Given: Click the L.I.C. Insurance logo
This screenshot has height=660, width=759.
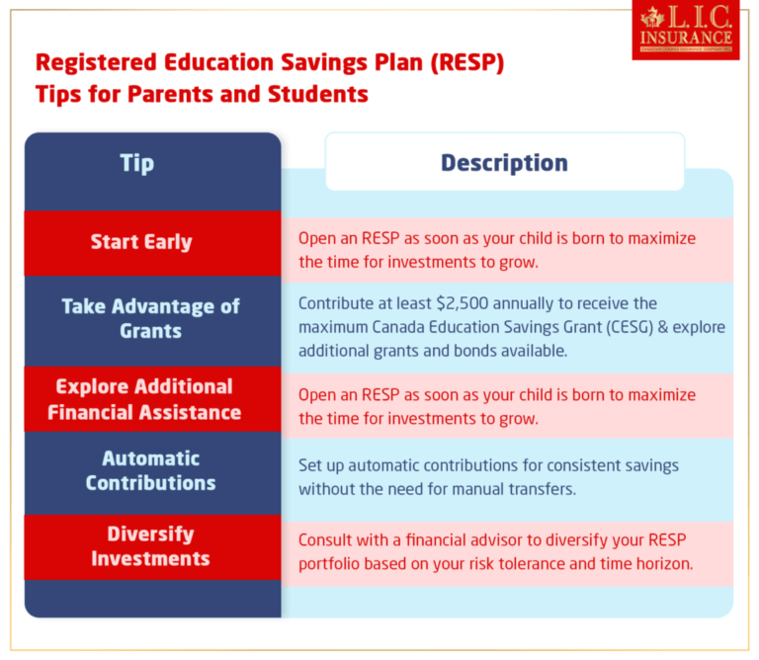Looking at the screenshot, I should point(685,31).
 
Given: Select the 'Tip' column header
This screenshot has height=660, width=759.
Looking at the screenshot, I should point(137,163).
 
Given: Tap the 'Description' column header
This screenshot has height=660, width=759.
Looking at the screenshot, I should point(504,163).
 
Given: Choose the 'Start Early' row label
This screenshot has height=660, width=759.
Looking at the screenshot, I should point(141,242).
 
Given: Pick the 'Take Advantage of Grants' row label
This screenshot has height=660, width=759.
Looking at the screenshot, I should point(150,318).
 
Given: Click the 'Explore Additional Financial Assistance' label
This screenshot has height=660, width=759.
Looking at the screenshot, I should point(144,399).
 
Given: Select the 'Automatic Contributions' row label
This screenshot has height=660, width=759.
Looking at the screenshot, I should point(150,470).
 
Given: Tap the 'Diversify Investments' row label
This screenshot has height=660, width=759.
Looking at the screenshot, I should point(150,545).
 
